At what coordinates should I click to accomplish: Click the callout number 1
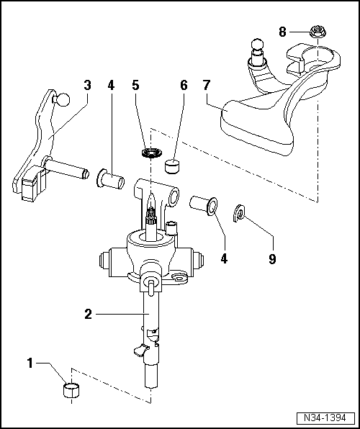click(x=30, y=364)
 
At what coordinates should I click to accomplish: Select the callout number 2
click(x=88, y=314)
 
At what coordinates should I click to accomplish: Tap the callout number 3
click(x=87, y=85)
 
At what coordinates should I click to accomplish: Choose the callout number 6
click(x=184, y=85)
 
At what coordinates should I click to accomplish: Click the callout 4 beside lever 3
click(x=110, y=85)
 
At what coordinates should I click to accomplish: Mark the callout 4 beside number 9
click(x=223, y=257)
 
